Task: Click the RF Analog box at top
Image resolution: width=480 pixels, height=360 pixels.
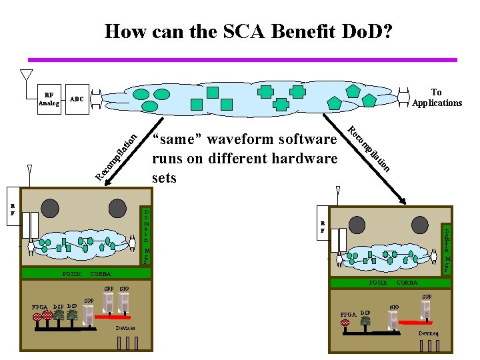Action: point(49,99)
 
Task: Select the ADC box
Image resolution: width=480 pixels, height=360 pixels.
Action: point(77,99)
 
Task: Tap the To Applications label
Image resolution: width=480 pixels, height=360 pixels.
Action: point(437,97)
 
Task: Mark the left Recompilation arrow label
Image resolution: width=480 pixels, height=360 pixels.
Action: point(116,157)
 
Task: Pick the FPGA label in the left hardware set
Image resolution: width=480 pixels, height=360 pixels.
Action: point(40,307)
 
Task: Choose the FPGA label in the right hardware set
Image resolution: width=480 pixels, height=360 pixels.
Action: point(348,313)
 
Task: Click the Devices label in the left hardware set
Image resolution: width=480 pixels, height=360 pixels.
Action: point(125,328)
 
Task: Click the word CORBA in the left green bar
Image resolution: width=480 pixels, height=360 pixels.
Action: point(100,273)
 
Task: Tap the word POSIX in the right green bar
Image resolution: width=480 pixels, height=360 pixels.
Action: point(378,283)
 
